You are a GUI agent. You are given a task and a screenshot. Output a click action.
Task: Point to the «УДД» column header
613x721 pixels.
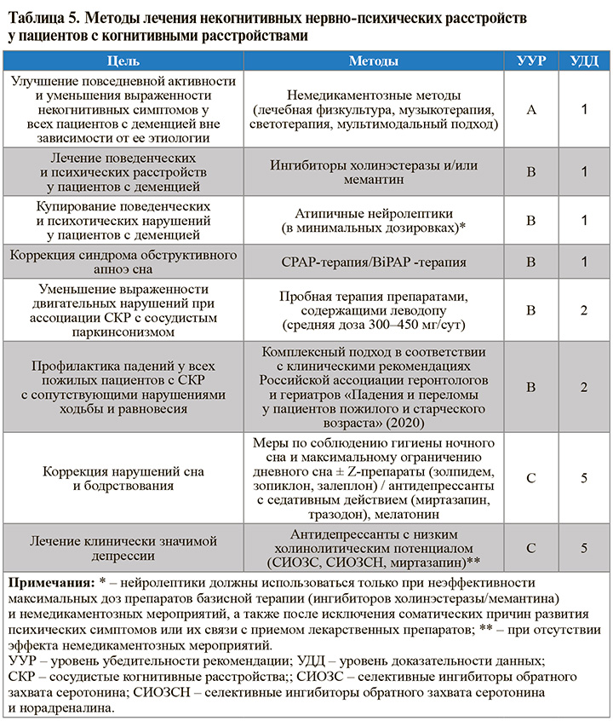tap(583, 61)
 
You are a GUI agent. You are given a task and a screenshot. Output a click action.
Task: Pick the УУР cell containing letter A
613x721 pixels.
tap(530, 109)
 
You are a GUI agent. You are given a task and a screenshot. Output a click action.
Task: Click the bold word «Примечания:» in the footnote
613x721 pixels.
tap(49, 582)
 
